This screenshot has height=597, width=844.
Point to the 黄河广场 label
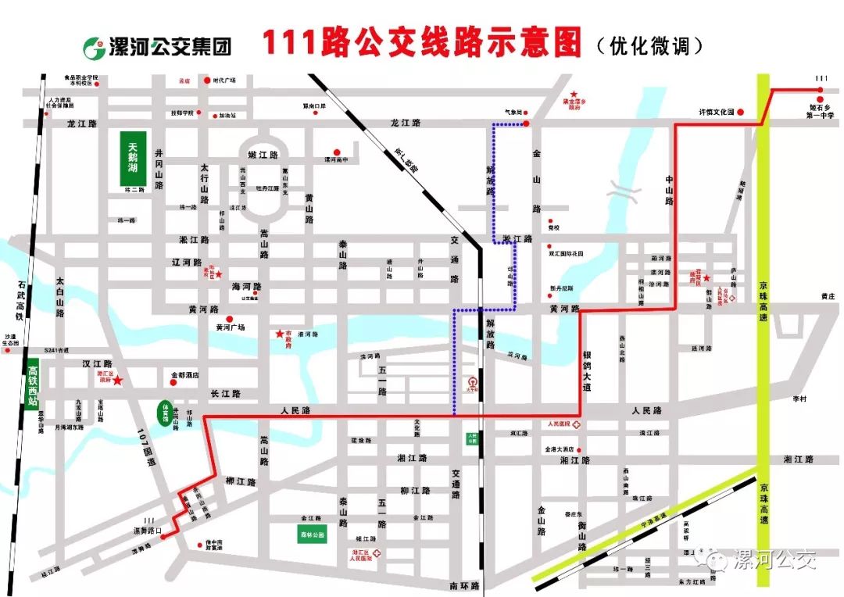231,327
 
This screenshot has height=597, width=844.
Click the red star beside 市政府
280,334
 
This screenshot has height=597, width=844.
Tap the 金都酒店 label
187,376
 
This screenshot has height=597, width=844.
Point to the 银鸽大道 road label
587,370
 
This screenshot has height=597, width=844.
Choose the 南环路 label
464,585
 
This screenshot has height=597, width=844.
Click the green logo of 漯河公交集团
98,46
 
